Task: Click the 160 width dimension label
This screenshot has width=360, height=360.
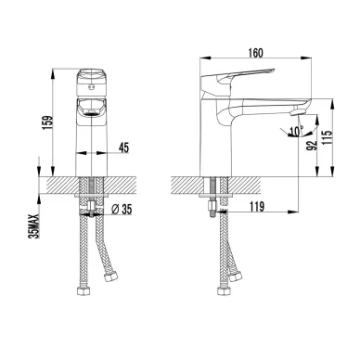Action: (x=255, y=53)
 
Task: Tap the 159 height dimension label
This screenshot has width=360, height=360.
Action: (x=48, y=123)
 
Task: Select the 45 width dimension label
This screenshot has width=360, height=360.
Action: (x=123, y=148)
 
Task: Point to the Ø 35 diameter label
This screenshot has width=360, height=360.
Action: (x=122, y=210)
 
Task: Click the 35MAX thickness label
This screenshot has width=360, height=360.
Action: (x=34, y=225)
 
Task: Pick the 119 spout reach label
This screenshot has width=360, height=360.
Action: (x=256, y=207)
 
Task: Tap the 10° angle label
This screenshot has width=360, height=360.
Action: (x=295, y=131)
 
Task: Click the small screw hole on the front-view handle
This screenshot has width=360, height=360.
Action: (x=91, y=87)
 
